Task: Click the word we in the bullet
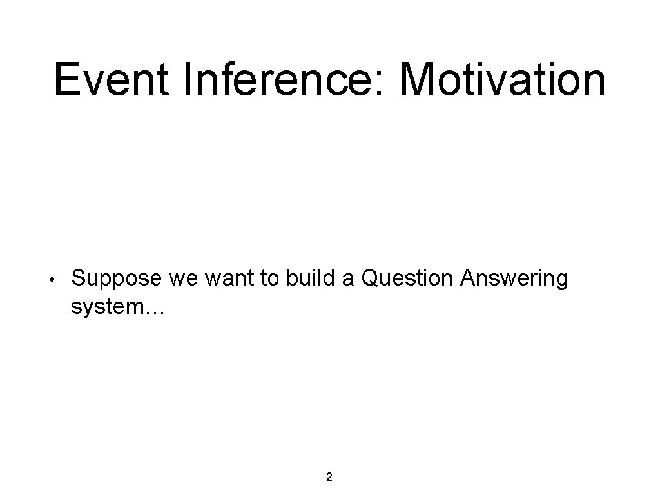[182, 279]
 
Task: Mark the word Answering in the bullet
[514, 279]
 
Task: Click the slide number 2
[329, 477]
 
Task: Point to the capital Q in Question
[372, 278]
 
